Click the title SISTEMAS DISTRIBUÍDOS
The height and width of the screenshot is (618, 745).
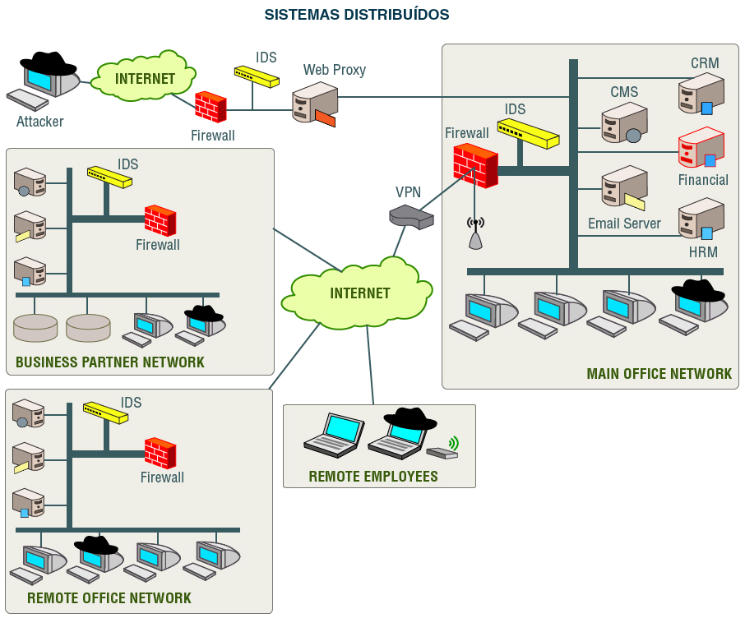(x=357, y=15)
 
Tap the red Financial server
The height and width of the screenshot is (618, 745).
(x=701, y=148)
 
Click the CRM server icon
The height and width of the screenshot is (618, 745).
(x=701, y=93)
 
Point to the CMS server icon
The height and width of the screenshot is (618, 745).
(x=624, y=123)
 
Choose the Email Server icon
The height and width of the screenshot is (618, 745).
(x=623, y=188)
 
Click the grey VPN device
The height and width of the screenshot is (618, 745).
(x=411, y=216)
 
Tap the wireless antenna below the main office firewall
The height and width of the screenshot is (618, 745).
(x=475, y=233)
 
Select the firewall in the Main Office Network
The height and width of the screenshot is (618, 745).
(x=475, y=165)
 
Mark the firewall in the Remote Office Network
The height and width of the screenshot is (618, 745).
(x=160, y=453)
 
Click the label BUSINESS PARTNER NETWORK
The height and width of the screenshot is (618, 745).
(x=110, y=362)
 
